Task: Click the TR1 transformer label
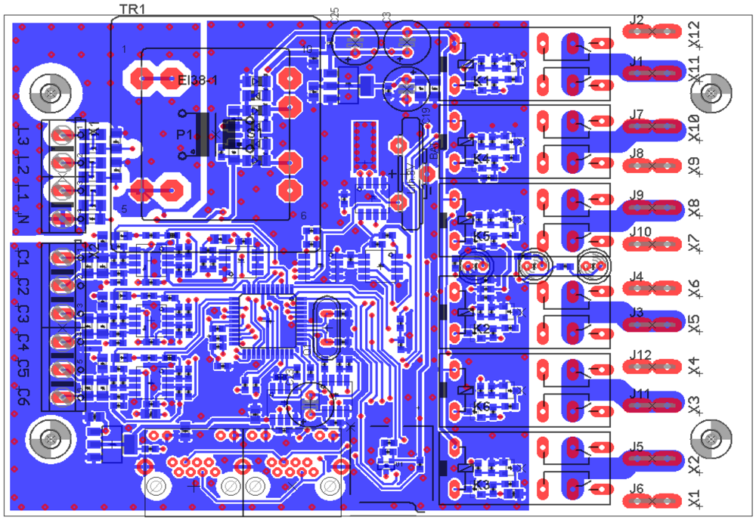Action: click(x=132, y=8)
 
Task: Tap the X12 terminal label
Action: click(x=695, y=32)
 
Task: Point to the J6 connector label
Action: click(x=637, y=488)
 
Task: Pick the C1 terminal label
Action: click(x=23, y=258)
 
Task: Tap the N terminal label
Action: click(x=23, y=220)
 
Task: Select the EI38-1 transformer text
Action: click(x=198, y=79)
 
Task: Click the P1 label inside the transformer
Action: click(x=184, y=134)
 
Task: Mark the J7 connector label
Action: click(x=637, y=115)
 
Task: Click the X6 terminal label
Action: click(x=695, y=289)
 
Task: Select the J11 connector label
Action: click(x=640, y=393)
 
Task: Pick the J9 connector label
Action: click(x=637, y=195)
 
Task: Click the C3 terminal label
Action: click(x=23, y=313)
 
